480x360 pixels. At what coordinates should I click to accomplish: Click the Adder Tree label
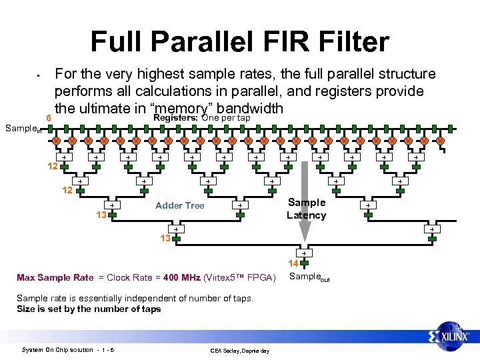[179, 205]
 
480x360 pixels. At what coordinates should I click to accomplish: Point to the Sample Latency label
[306, 209]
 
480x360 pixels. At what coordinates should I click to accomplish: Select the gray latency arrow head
[304, 233]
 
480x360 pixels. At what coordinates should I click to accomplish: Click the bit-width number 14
[293, 264]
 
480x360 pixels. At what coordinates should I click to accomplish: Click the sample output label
[310, 277]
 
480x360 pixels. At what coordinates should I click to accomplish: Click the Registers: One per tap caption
[201, 118]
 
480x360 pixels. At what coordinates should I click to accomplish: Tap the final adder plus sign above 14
[304, 253]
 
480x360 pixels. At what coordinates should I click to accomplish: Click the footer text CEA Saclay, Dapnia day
[239, 351]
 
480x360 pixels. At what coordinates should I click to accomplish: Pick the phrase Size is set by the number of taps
[89, 309]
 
